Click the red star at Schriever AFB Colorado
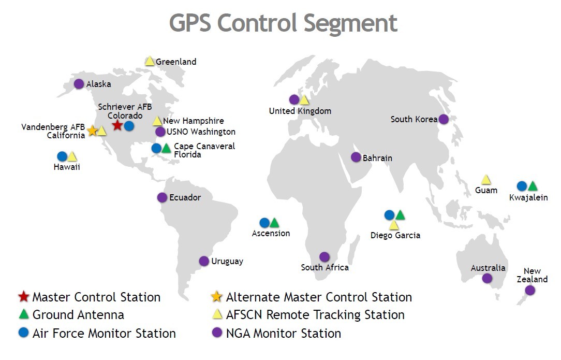coord(117,125)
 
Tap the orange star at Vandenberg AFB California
coord(92,131)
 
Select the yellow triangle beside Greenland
coord(150,61)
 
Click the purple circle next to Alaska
coord(79,83)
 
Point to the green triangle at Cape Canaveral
coord(166,149)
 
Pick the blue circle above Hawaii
coord(62,156)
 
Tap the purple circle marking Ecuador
coord(162,197)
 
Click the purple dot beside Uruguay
coord(204,261)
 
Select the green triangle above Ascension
coord(274,223)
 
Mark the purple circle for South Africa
coord(324,256)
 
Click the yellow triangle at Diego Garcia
coord(394,225)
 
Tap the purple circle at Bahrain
coord(356,157)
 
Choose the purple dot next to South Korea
coord(444,119)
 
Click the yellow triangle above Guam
coord(486,180)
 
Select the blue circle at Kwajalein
coord(522,186)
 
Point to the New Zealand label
coord(532,275)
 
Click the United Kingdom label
coord(300,111)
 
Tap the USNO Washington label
coord(201,132)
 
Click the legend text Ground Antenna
coord(78,314)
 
